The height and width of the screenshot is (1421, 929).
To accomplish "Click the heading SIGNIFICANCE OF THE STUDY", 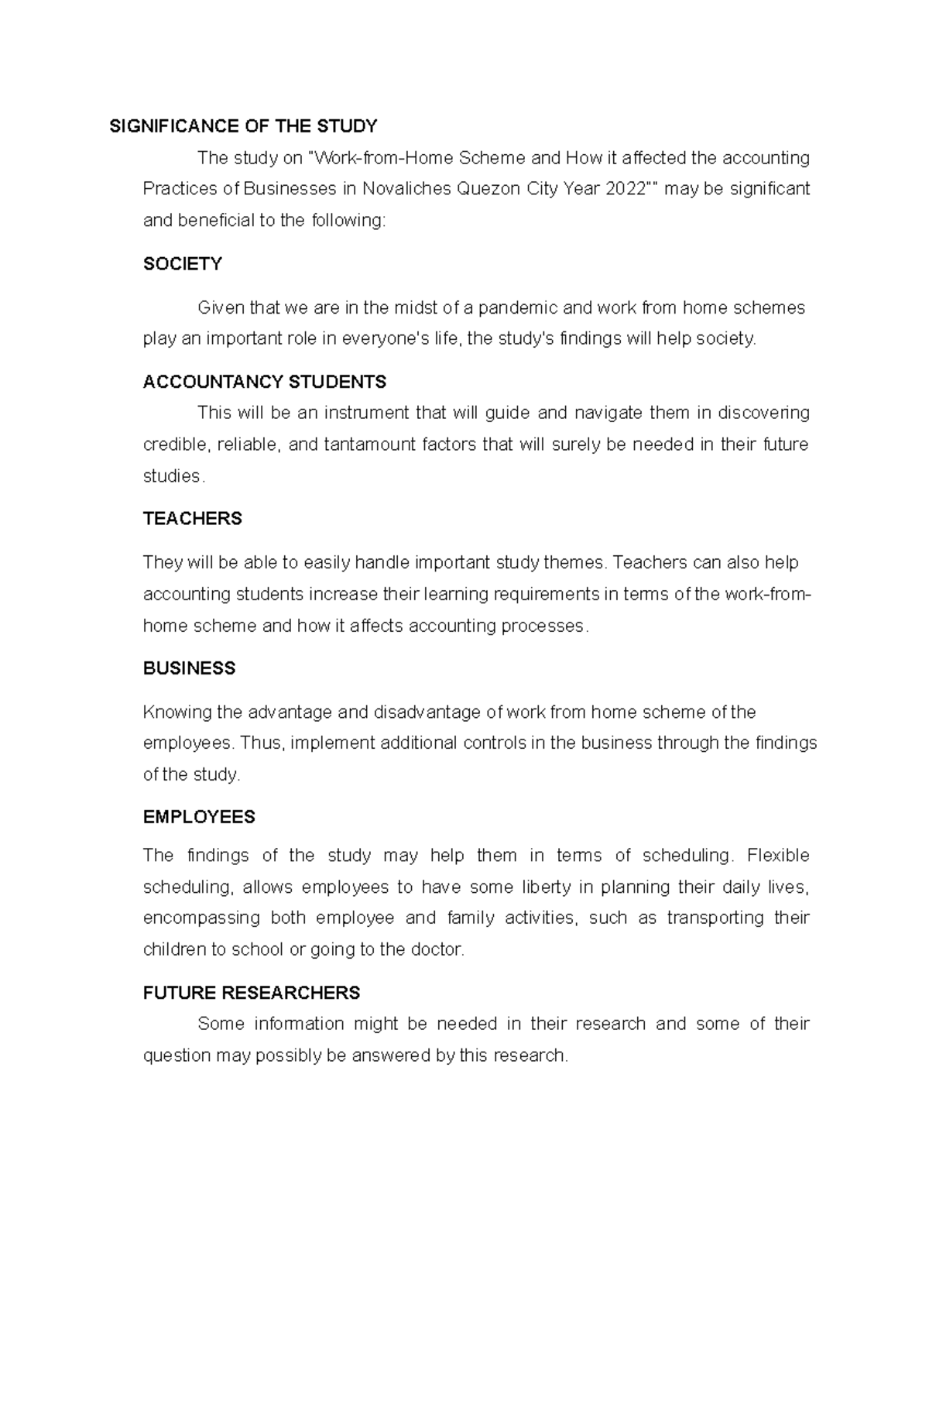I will point(243,125).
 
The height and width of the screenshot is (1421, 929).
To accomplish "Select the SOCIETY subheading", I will point(183,264).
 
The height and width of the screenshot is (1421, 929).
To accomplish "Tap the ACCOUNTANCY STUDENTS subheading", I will point(265,382).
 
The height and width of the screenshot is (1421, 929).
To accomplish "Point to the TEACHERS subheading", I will point(193,519).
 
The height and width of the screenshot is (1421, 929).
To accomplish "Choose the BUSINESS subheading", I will point(190,668).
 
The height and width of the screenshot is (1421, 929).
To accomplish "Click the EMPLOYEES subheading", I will point(199,817).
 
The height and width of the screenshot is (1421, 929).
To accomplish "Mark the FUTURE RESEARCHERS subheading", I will point(252,993).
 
